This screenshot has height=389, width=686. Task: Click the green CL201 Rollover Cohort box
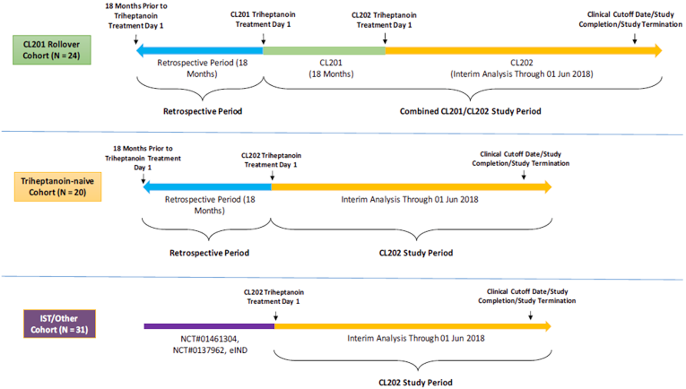(x=52, y=50)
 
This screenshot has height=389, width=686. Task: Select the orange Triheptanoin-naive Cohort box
(x=57, y=186)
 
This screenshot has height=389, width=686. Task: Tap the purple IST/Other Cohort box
(x=59, y=324)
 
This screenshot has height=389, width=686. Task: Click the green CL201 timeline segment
(x=324, y=51)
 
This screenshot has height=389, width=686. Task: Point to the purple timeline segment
(x=209, y=326)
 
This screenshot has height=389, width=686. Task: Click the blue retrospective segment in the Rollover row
(x=202, y=51)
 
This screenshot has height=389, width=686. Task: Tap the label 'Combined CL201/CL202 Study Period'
(x=470, y=111)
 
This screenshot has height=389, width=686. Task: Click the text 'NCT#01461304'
(x=209, y=339)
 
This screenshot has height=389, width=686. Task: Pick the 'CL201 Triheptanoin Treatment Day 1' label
(x=263, y=19)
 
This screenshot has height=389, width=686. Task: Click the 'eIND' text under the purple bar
(x=238, y=350)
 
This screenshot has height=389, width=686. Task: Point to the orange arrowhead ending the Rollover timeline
(x=658, y=50)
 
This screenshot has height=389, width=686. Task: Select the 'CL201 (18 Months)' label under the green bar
(x=331, y=68)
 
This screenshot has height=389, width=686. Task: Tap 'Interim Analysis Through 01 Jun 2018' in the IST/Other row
(x=416, y=338)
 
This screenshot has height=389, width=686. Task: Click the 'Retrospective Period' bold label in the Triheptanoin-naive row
(x=209, y=253)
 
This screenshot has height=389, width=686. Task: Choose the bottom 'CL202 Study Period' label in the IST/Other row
(x=415, y=382)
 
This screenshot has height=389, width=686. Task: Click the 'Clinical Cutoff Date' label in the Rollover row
(x=630, y=19)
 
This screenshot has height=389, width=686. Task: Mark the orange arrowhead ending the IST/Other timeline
(x=548, y=326)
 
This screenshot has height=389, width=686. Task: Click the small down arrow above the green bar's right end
(x=385, y=39)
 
